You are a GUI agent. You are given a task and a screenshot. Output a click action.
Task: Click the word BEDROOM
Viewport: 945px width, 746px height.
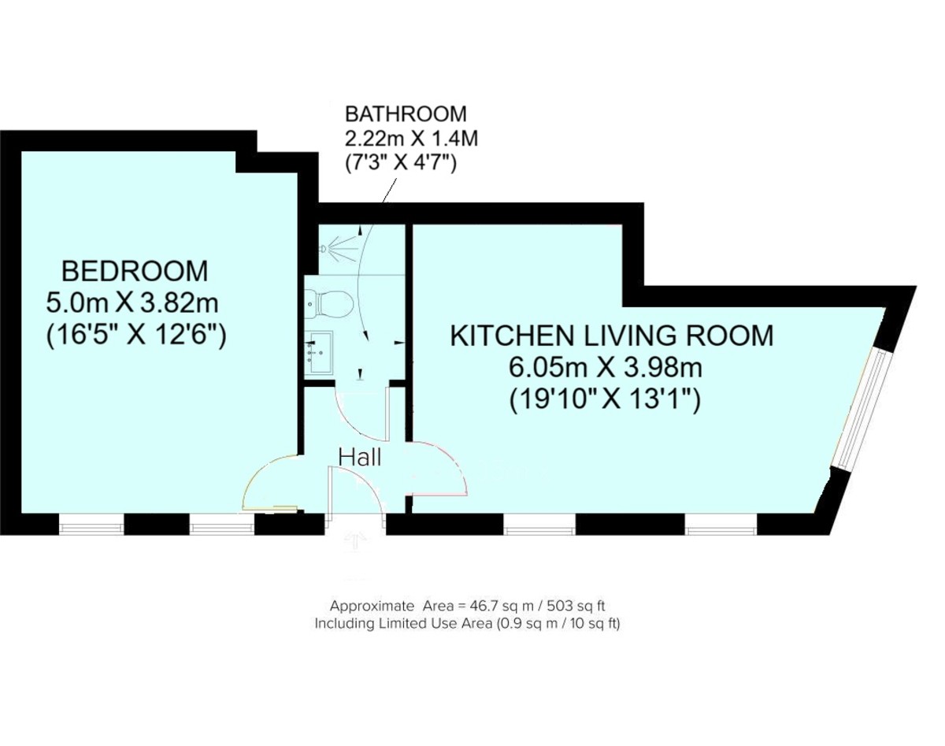pos(135,271)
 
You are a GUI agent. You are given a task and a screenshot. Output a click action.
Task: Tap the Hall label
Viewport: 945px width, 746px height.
pos(360,457)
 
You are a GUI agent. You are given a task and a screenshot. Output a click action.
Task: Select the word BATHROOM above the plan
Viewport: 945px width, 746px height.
pos(406,114)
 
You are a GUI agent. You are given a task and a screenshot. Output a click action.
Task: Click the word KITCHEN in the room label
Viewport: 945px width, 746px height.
pos(500,336)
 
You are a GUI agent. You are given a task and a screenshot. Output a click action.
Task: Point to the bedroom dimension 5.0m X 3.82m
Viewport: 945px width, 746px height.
pos(133,302)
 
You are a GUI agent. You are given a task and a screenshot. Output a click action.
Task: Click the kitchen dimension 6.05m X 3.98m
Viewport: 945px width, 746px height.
pos(606,367)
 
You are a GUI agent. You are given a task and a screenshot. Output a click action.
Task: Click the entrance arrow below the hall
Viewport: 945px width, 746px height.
pos(355,541)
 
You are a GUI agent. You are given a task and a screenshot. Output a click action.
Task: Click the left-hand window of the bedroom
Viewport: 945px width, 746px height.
pos(91,524)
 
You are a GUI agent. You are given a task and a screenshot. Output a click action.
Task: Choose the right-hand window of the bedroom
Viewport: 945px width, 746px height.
pos(221,524)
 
